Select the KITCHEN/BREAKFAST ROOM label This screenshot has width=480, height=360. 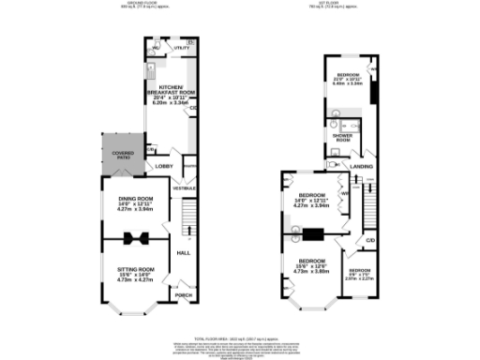(x=171, y=87)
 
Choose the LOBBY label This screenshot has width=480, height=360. (x=164, y=168)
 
